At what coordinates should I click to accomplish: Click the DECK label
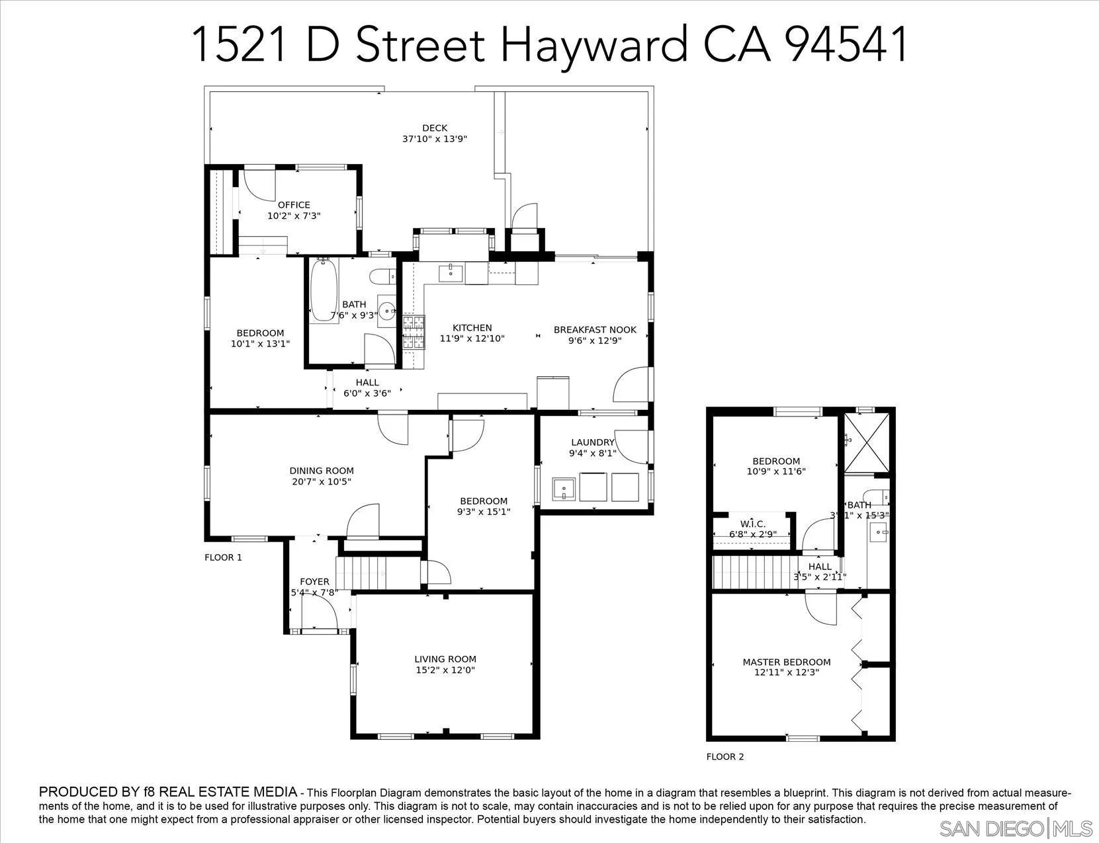(x=435, y=128)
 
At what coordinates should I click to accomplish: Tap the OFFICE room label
(x=294, y=205)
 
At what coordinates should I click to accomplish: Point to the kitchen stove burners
(x=414, y=333)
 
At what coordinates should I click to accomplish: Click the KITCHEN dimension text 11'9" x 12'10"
(x=472, y=339)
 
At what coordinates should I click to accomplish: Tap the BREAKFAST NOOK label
(x=595, y=329)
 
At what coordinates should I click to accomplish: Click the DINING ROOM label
(x=322, y=471)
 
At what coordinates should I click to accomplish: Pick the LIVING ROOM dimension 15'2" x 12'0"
(x=445, y=670)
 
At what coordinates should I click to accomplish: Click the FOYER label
(x=314, y=582)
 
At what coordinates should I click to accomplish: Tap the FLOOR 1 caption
(x=223, y=557)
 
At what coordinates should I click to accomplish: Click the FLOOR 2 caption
(x=725, y=756)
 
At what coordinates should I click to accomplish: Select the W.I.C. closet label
(x=752, y=524)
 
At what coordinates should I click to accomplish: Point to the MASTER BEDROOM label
(x=786, y=662)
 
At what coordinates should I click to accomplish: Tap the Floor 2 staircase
(x=754, y=572)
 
